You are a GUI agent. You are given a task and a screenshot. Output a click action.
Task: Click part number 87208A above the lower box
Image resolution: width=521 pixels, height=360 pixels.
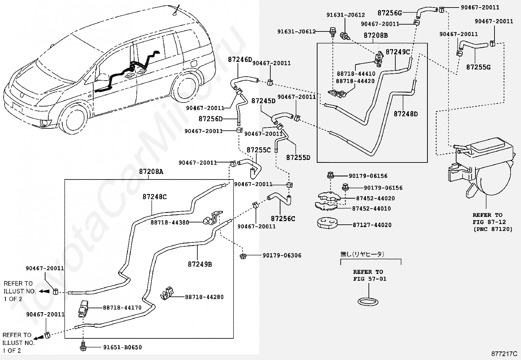click(151, 172)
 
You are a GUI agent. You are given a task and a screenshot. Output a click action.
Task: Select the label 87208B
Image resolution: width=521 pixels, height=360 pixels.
click(376, 35)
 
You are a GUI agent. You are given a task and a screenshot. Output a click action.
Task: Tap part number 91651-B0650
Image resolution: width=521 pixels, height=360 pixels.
click(123, 348)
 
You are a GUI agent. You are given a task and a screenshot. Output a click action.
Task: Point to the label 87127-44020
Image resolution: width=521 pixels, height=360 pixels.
click(372, 225)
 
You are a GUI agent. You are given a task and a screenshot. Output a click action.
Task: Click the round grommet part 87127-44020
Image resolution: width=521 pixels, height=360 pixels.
click(327, 223)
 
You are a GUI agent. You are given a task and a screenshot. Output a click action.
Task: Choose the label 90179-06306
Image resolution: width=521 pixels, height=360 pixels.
click(282, 256)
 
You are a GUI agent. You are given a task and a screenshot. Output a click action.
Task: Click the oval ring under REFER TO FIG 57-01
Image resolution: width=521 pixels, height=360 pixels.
click(368, 302)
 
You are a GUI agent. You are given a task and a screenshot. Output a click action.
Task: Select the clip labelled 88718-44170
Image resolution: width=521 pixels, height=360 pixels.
click(83, 309)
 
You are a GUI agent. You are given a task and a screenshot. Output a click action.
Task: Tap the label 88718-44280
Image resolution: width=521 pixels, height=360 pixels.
click(204, 297)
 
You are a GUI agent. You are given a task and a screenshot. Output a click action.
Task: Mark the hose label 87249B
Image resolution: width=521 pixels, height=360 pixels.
click(200, 264)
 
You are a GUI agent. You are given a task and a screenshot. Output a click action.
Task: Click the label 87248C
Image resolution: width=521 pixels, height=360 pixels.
click(155, 197)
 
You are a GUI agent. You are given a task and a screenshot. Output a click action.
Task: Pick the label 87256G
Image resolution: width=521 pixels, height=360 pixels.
click(390, 13)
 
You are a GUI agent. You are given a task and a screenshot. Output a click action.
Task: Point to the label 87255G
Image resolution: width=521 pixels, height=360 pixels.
click(478, 67)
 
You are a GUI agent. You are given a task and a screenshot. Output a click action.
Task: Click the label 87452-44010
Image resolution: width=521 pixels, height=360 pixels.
click(371, 209)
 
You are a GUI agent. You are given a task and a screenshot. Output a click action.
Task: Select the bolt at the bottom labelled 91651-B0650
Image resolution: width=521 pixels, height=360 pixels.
click(83, 347)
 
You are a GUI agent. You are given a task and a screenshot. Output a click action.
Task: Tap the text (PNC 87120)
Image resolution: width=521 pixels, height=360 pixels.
click(493, 229)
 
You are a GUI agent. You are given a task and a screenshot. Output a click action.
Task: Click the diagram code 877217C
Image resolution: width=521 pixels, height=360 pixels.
click(504, 354)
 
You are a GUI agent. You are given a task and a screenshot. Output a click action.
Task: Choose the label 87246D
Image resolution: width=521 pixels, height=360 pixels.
click(240, 60)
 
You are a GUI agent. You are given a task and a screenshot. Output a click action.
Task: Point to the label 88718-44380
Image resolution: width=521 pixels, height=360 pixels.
click(170, 223)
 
